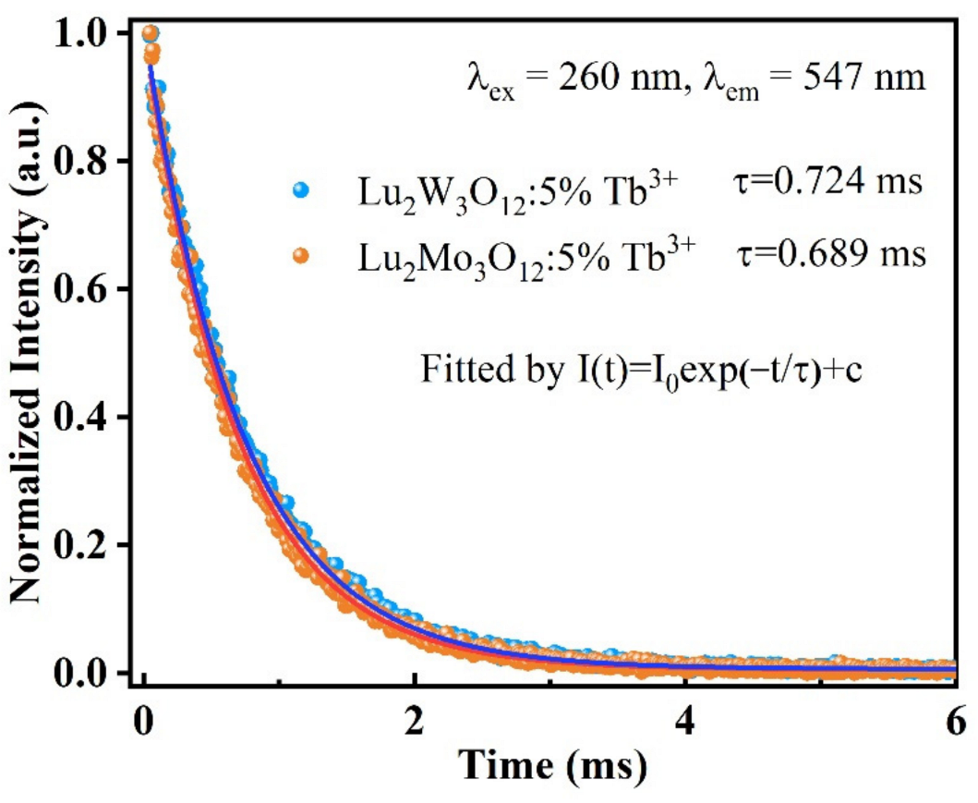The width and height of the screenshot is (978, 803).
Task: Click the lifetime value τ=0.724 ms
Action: pyautogui.click(x=820, y=182)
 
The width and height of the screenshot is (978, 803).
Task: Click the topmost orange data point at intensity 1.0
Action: pyautogui.click(x=150, y=33)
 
